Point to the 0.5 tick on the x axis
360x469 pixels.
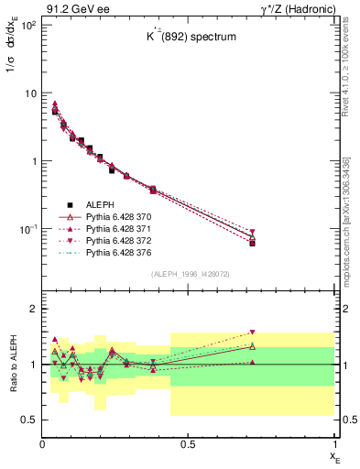tap(188, 445)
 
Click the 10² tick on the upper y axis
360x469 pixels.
tap(28, 25)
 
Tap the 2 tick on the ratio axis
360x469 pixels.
tap(32, 309)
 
